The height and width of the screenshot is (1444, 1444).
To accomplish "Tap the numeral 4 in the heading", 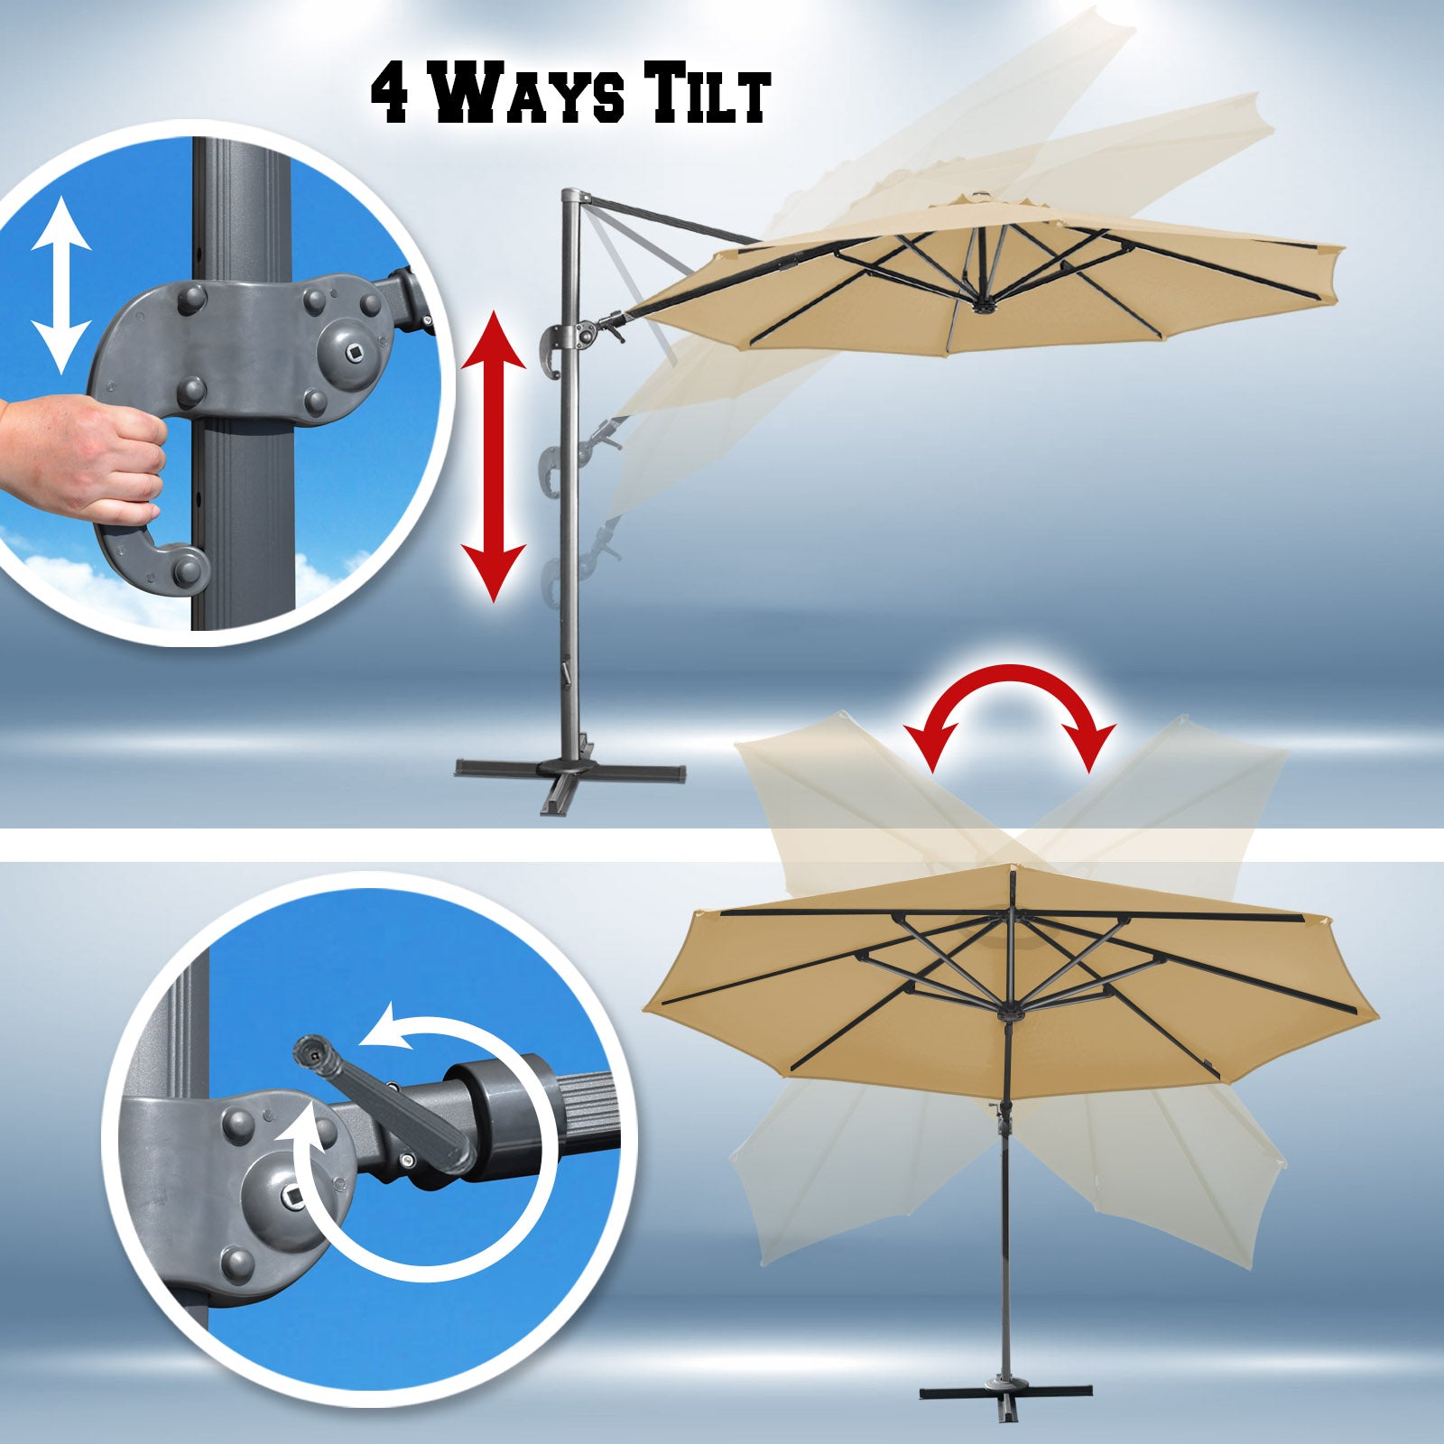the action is pos(394,93).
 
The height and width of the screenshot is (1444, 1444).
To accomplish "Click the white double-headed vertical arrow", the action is pos(61,286).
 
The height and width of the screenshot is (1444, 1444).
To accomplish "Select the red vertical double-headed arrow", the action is pos(493,456).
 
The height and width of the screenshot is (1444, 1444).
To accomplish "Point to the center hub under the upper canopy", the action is pos(980,308).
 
